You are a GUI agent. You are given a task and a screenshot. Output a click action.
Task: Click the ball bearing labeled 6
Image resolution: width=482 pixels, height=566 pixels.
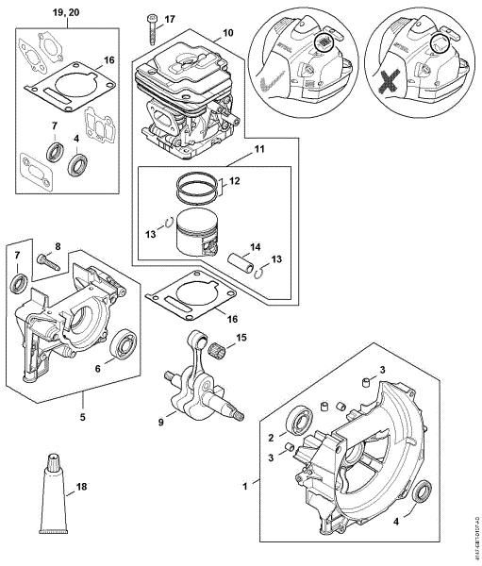pyautogui.click(x=122, y=344)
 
